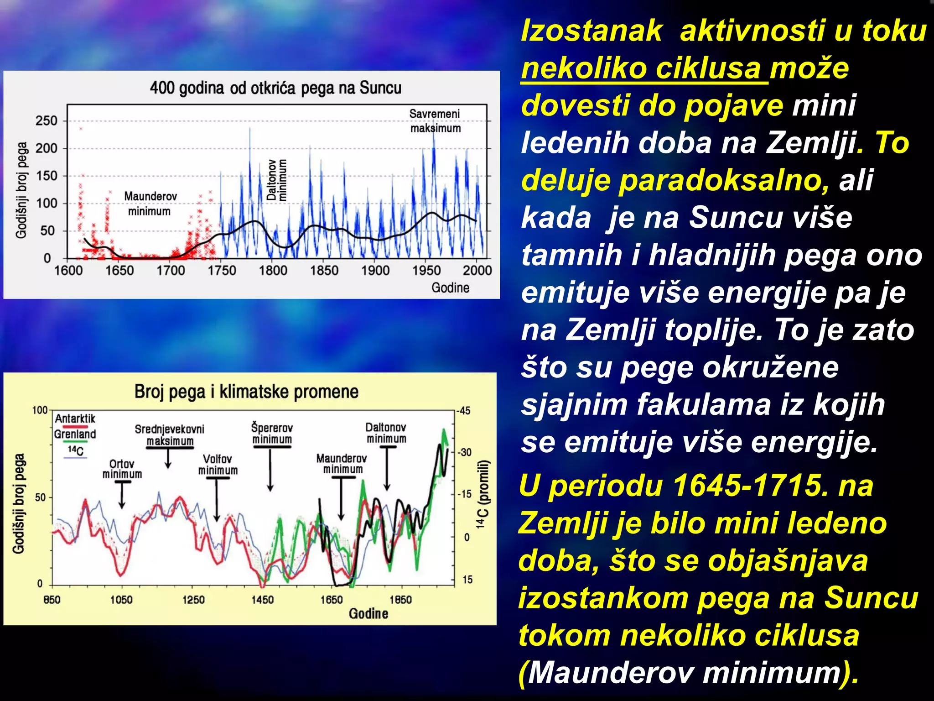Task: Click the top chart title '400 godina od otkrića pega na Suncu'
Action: click(x=275, y=88)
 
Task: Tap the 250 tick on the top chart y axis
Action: click(x=47, y=121)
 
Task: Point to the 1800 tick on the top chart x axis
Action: click(x=273, y=270)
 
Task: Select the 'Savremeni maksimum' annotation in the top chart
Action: click(x=435, y=121)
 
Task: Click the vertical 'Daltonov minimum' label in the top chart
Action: click(x=277, y=180)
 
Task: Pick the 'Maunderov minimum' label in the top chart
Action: click(x=150, y=204)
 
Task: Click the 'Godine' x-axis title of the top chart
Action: click(x=450, y=288)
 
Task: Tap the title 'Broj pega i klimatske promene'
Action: click(x=246, y=392)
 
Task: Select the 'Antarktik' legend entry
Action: click(x=75, y=419)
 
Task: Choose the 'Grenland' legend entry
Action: click(x=75, y=434)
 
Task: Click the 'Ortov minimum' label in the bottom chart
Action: click(x=122, y=469)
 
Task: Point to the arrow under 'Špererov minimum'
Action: click(x=270, y=470)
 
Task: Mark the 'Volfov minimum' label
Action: click(x=218, y=464)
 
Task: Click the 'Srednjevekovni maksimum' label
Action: click(x=170, y=435)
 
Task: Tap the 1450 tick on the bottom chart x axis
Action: click(x=262, y=600)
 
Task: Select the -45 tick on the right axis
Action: click(x=464, y=411)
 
